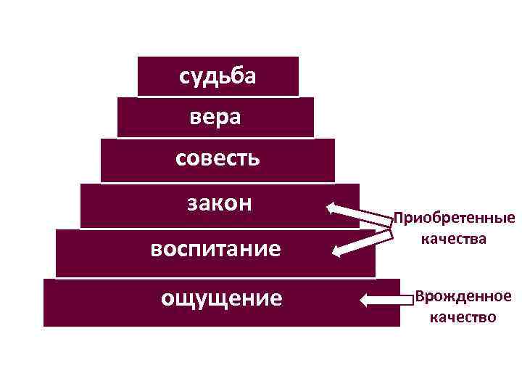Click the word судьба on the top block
(217, 76)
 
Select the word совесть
(217, 158)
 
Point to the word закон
(220, 203)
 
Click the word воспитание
(215, 249)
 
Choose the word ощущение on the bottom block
(221, 297)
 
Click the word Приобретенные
(454, 219)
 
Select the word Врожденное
(463, 297)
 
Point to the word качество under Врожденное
(463, 317)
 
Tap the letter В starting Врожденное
(419, 297)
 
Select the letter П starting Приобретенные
(397, 219)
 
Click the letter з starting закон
(191, 204)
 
